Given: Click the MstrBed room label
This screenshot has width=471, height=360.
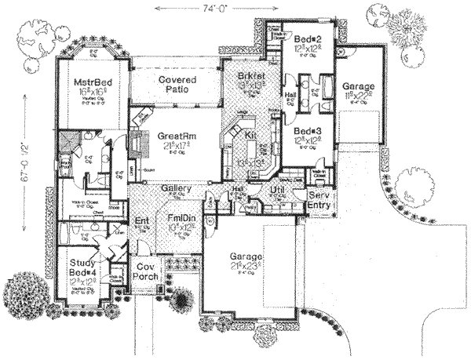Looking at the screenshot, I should [90, 81].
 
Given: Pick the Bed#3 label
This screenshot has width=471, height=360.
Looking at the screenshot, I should [306, 131].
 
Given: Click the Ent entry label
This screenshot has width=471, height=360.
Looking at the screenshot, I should [142, 221].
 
